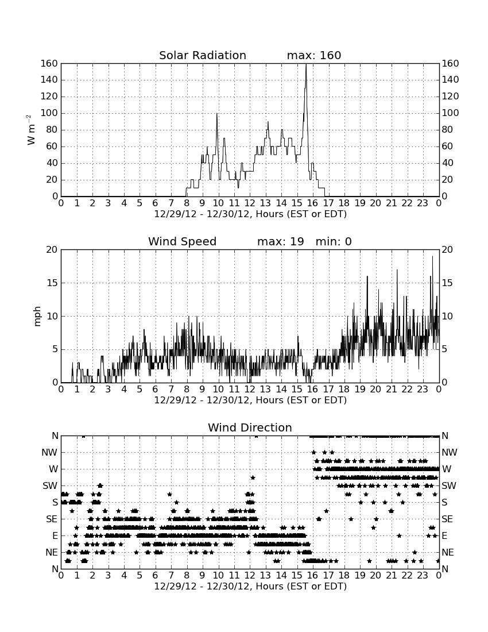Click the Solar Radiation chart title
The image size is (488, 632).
pyautogui.click(x=203, y=55)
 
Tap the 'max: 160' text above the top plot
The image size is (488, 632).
pyautogui.click(x=314, y=55)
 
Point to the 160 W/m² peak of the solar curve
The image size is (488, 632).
pyautogui.click(x=306, y=64)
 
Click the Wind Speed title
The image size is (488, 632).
pyautogui.click(x=183, y=241)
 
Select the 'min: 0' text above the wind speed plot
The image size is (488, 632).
pyautogui.click(x=334, y=241)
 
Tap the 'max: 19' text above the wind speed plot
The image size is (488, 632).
pyautogui.click(x=281, y=241)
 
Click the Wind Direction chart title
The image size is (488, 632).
pyautogui.click(x=250, y=427)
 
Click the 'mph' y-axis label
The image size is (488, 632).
pyautogui.click(x=37, y=317)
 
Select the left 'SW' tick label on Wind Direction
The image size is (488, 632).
pyautogui.click(x=50, y=485)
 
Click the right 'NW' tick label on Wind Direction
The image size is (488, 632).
pyautogui.click(x=450, y=452)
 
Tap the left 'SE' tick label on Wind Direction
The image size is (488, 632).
pyautogui.click(x=52, y=519)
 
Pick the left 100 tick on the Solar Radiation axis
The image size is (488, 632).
pyautogui.click(x=49, y=113)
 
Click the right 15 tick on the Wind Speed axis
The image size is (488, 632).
pyautogui.click(x=447, y=283)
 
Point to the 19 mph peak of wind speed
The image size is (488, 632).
pyautogui.click(x=433, y=257)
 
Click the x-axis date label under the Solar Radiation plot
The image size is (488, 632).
pyautogui.click(x=250, y=214)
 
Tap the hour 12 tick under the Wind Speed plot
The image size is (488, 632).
pyautogui.click(x=250, y=390)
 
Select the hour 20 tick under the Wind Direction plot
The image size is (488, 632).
pyautogui.click(x=375, y=576)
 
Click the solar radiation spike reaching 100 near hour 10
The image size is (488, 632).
pyautogui.click(x=216, y=114)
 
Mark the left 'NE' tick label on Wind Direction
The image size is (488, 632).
pyautogui.click(x=52, y=552)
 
